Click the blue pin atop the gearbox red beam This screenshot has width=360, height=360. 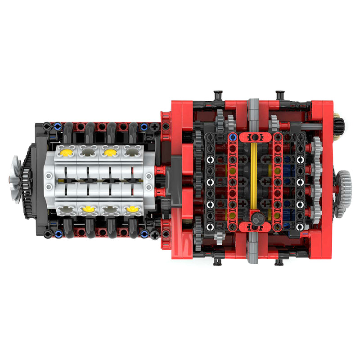coord(232,136)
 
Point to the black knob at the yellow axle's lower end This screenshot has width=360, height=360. coord(257,219)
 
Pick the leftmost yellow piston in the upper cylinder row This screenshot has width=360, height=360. coord(66,152)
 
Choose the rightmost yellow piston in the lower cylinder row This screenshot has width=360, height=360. coord(131,209)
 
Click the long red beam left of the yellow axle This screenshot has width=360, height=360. coord(233,180)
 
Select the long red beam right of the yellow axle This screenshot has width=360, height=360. coord(277,180)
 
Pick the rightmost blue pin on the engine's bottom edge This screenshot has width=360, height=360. coord(144,234)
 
